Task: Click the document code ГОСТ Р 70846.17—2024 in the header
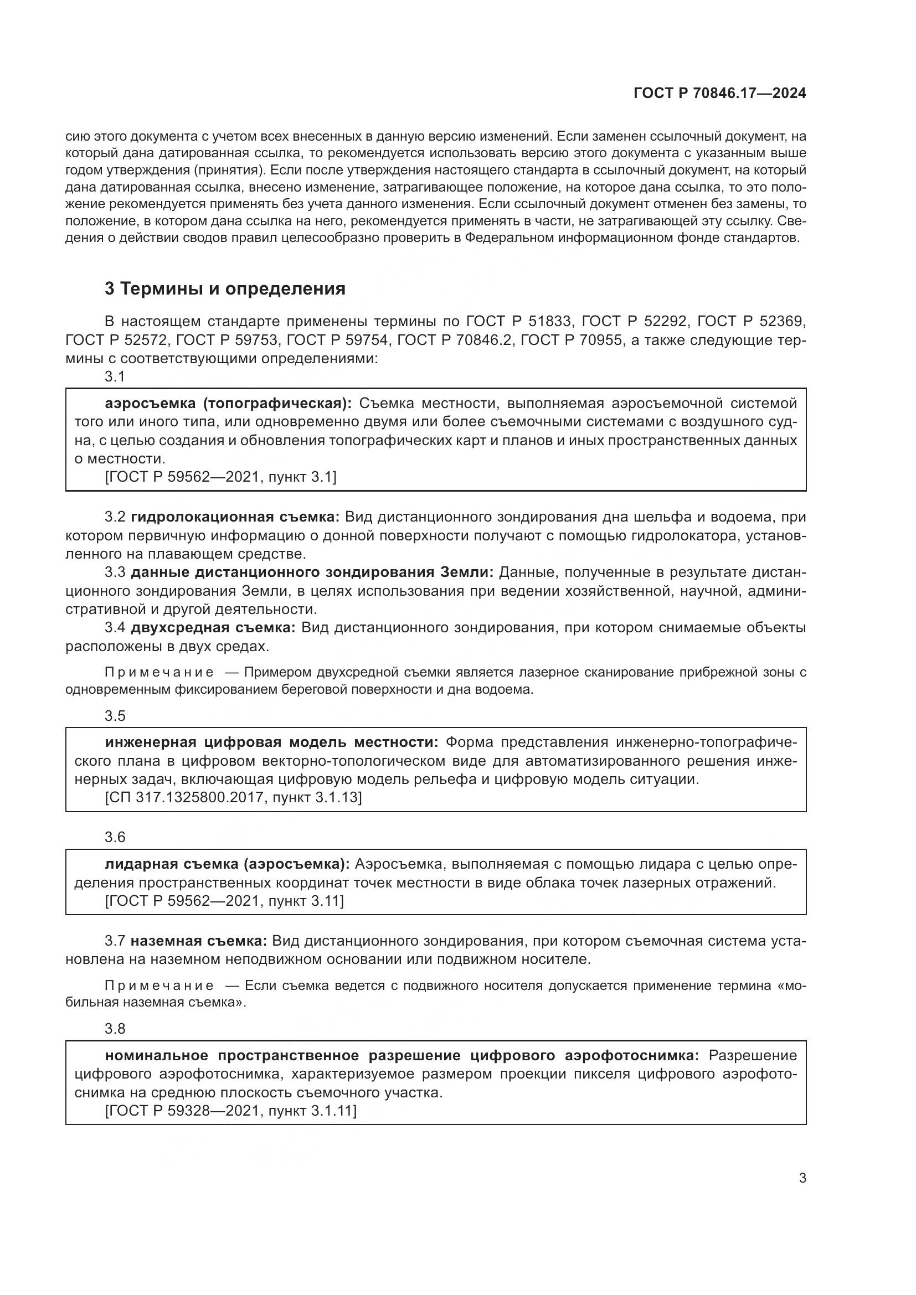[720, 94]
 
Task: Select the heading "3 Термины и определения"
[224, 289]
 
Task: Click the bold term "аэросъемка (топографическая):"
[228, 403]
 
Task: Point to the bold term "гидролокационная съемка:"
[235, 517]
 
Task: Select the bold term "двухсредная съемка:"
[213, 628]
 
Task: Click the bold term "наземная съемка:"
[199, 941]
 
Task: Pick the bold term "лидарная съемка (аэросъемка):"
[227, 864]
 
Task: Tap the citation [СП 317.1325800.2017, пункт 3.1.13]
[233, 797]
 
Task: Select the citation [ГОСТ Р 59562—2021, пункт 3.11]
[224, 901]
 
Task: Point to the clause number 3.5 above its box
[115, 716]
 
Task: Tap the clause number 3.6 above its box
[115, 838]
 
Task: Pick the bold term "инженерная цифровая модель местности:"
[271, 742]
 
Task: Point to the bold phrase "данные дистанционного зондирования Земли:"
[312, 572]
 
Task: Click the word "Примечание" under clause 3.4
[159, 672]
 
